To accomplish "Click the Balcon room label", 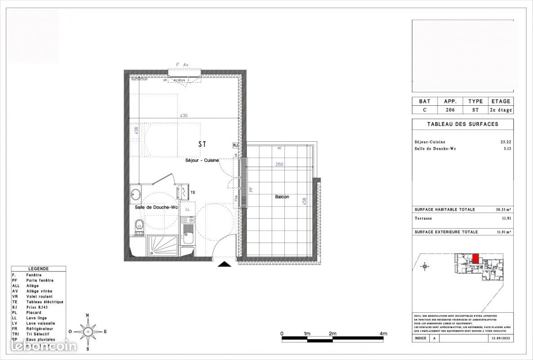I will (282, 197).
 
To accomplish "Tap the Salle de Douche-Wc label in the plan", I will (157, 207).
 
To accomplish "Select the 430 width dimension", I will (184, 116).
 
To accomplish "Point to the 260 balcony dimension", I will (279, 164).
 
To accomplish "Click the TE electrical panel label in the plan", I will (193, 193).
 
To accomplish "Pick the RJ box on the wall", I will (235, 145).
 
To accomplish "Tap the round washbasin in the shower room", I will (135, 194).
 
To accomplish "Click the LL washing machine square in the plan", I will (188, 210).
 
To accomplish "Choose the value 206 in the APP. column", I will (450, 110).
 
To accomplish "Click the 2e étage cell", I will (500, 110).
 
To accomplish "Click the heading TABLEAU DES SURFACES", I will (462, 124).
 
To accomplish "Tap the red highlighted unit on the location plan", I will (475, 259).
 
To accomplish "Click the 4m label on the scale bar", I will (383, 333).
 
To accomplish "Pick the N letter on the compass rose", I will (88, 315).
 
